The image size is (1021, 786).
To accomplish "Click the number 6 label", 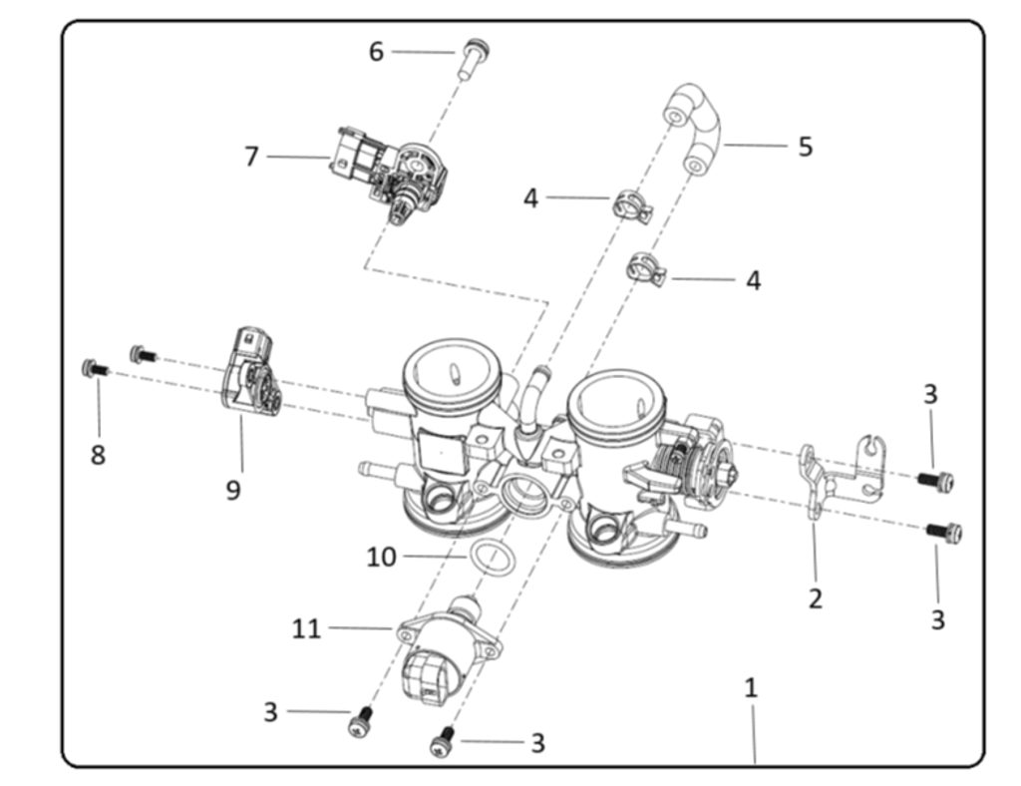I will click(x=376, y=51).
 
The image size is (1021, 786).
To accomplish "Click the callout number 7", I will click(x=251, y=157).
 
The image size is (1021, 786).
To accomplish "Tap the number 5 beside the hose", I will click(x=805, y=147).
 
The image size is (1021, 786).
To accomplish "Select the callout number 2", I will click(x=816, y=598).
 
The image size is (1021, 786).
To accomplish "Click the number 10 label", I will click(x=381, y=557).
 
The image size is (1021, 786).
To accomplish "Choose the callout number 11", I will click(x=306, y=628).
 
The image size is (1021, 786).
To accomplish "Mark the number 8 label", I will click(x=98, y=455).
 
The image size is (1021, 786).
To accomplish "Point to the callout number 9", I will click(x=232, y=490).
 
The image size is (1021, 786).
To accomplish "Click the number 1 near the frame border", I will click(x=751, y=687).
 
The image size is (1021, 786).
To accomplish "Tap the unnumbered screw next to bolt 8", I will click(x=143, y=353).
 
